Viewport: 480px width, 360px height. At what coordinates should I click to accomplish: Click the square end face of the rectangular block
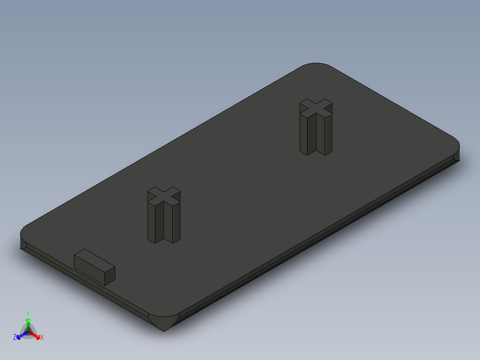coord(109,275)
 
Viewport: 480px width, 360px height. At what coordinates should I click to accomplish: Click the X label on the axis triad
coord(42,337)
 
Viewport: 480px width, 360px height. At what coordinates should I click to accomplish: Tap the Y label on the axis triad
coord(28,313)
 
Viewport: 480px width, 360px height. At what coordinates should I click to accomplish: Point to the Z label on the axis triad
coord(15,337)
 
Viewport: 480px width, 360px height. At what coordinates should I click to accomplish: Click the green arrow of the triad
coord(28,323)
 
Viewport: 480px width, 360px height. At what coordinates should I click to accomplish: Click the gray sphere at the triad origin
coord(28,332)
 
